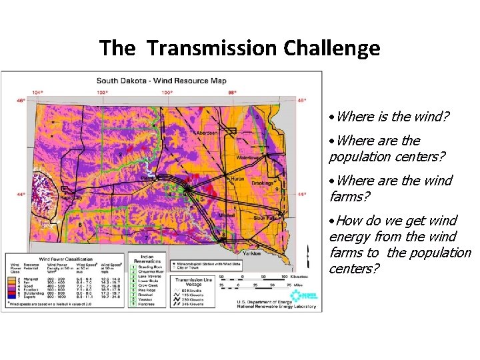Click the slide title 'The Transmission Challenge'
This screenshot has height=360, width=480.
pos(239,48)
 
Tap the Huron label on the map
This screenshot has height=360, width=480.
pos(238,179)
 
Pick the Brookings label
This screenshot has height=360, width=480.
pos(265,182)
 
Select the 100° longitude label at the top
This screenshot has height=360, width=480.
pos(167,92)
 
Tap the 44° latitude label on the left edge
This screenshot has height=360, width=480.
pos(21,195)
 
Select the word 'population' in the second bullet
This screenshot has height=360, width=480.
pos(361,157)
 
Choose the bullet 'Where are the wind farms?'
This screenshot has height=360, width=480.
pos(391,189)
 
